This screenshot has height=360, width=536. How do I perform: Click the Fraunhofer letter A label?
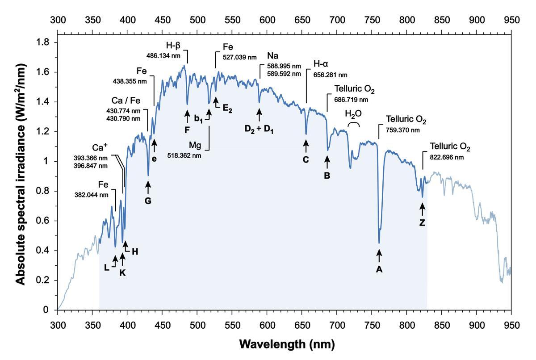pos(379,269)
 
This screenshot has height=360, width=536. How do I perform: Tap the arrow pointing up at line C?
pos(306,146)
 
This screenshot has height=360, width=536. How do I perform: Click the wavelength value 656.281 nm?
pos(331,75)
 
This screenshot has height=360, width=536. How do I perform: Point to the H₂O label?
pos(353,114)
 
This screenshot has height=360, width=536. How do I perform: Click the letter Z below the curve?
pos(422,222)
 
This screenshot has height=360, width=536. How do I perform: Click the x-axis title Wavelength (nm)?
pos(286,344)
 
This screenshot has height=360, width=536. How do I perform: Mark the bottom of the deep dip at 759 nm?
pos(379,243)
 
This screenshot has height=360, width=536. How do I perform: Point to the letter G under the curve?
pos(148,201)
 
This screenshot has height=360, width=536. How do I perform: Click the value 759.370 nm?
pos(402,130)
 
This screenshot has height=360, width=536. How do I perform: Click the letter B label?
pos(327,176)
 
